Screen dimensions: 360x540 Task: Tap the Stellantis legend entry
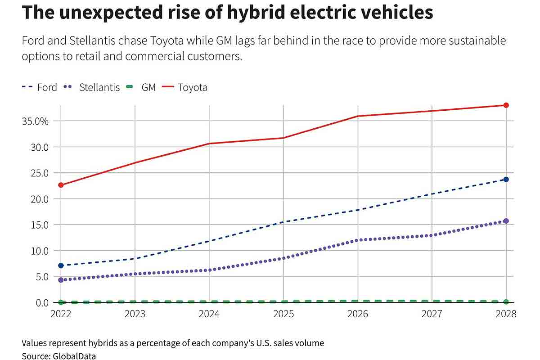click(92, 87)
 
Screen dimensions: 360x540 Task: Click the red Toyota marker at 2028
click(506, 105)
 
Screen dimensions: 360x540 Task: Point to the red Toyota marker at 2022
click(61, 185)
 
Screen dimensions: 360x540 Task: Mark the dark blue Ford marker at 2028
click(506, 179)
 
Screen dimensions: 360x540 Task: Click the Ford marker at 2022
click(61, 265)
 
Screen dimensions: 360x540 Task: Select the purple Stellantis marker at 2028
click(506, 221)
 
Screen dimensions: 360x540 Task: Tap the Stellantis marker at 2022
click(61, 280)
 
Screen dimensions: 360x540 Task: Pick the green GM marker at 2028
click(506, 301)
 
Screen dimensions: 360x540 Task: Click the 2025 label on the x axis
click(283, 314)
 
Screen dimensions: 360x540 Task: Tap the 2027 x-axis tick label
click(432, 314)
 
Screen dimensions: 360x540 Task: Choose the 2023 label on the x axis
click(135, 314)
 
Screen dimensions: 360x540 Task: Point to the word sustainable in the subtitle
click(472, 41)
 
